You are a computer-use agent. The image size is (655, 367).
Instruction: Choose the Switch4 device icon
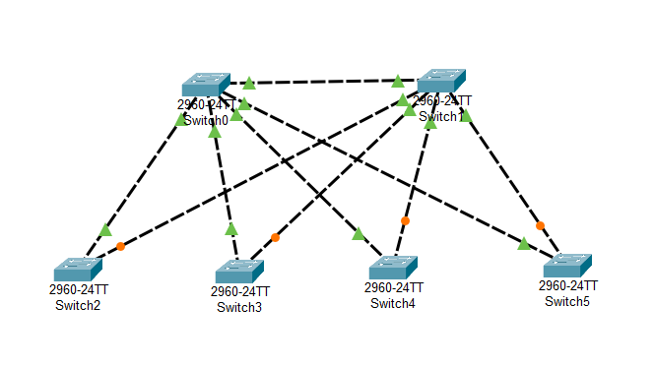pos(393,269)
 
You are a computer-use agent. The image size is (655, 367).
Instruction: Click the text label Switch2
pos(78,304)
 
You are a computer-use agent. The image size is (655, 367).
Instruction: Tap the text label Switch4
pos(393,303)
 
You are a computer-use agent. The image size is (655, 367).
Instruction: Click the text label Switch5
pos(567,300)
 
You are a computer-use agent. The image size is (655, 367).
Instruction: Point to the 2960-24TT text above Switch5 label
pos(567,285)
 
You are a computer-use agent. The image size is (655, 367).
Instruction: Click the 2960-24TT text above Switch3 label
pos(239,291)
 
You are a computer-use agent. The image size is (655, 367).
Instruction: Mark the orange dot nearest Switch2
pos(121,246)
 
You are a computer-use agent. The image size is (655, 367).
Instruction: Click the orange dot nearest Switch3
pos(275,237)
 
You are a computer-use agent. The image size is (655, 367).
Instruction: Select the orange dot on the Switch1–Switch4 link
pos(405,220)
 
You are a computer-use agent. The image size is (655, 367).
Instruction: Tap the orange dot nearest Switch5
pos(540,224)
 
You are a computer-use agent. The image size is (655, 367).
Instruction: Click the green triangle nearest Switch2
pos(105,229)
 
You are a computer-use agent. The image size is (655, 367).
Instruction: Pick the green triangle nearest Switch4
pos(359,234)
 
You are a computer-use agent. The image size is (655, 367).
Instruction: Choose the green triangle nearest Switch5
pos(524,243)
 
